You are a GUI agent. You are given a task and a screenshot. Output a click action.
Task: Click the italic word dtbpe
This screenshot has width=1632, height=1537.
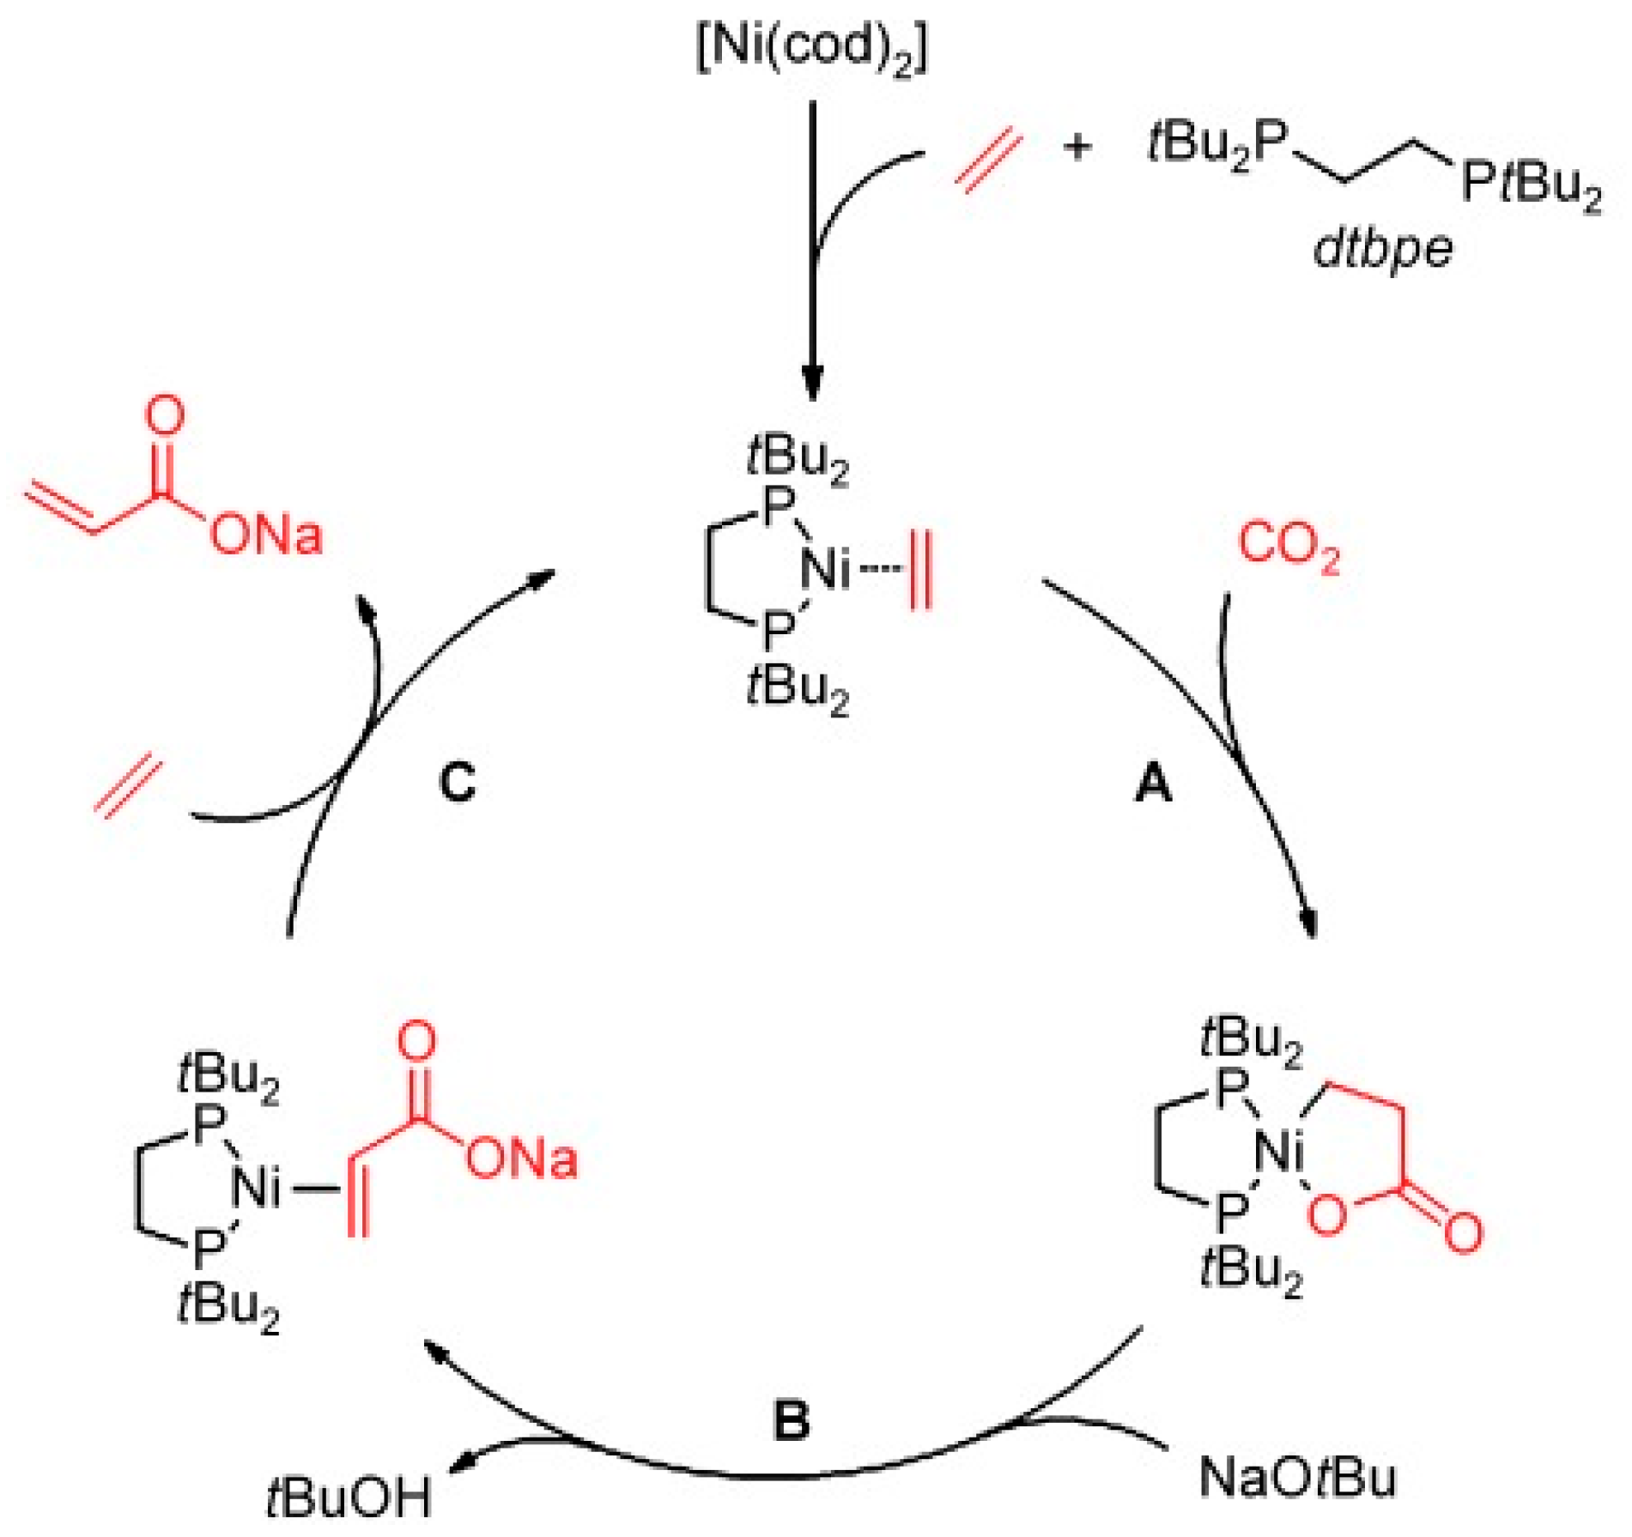coord(1383,250)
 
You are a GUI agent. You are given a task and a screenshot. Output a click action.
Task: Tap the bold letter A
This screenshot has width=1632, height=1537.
coord(1153,784)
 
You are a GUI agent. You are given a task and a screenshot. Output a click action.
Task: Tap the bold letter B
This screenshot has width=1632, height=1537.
coord(791,1420)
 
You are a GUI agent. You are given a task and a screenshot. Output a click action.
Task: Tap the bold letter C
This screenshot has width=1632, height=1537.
coord(458,783)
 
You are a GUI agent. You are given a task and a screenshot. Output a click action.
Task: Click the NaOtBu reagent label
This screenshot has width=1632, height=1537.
coord(1297,1477)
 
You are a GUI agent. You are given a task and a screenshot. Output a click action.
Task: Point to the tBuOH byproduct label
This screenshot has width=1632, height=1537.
coord(348,1498)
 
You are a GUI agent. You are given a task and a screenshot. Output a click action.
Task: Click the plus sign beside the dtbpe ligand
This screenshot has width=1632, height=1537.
coord(1077,148)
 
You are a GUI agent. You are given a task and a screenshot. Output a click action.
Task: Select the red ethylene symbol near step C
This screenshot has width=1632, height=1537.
coord(128,786)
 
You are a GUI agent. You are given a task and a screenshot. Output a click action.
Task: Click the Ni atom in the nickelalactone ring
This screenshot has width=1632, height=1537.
coord(1279,1151)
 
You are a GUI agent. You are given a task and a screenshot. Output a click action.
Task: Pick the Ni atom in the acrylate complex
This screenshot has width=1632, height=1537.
coord(256,1189)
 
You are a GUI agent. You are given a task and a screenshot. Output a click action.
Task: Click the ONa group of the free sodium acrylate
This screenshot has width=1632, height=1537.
coord(266,535)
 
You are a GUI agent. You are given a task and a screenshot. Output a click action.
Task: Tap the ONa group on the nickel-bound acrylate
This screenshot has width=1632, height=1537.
coord(521,1159)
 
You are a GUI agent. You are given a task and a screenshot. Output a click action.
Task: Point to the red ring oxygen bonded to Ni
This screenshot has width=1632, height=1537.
coord(1327,1217)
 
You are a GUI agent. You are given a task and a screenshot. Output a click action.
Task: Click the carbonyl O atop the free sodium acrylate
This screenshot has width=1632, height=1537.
coord(164,415)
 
